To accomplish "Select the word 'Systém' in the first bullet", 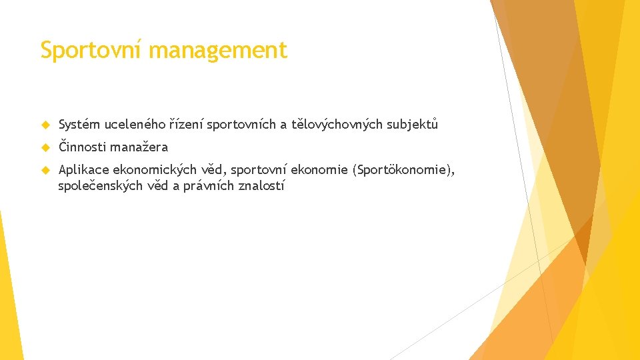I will pyautogui.click(x=79, y=124).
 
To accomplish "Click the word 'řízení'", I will pyautogui.click(x=187, y=124).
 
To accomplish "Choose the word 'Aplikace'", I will pyautogui.click(x=83, y=170).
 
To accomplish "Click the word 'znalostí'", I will pyautogui.click(x=261, y=186).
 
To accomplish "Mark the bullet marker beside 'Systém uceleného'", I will pyautogui.click(x=45, y=125).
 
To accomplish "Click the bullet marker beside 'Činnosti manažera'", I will pyautogui.click(x=45, y=147).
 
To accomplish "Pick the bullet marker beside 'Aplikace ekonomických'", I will pyautogui.click(x=45, y=171).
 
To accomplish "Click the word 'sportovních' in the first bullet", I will pyautogui.click(x=243, y=124).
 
